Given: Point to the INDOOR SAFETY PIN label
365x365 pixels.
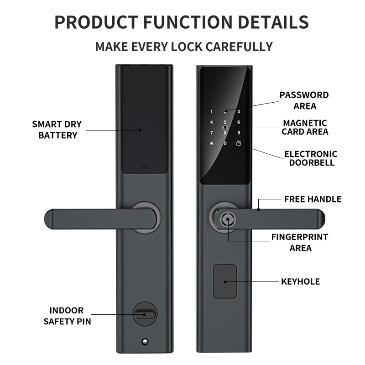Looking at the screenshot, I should point(67,316).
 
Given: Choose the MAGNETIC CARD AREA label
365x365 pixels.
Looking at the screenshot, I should point(305,127).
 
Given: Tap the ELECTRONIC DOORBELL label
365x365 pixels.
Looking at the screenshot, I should point(311,158).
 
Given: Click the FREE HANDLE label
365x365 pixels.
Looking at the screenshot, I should point(313,199).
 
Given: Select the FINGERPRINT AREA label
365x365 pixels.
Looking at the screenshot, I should point(300,243).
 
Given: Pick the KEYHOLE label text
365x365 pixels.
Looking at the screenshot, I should point(300,282).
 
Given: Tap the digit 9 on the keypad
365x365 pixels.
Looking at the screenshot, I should point(239,133).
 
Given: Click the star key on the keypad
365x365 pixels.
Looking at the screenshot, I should point(211,144).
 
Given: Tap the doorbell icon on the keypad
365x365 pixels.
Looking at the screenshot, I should point(239,144).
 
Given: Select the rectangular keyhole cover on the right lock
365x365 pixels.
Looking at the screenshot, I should point(225,281).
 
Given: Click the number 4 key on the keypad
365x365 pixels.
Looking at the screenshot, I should point(211,122).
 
